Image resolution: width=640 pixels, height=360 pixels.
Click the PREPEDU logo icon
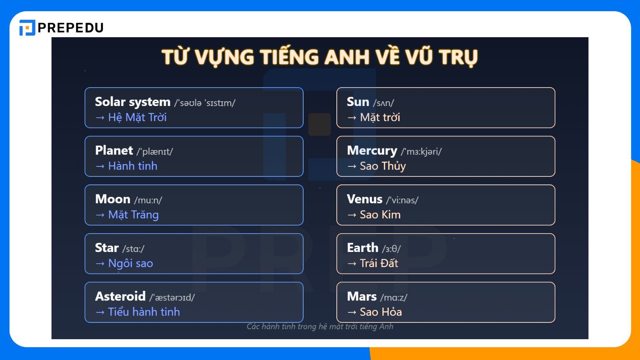(27, 28)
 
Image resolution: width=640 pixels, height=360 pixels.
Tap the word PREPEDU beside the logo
(70, 28)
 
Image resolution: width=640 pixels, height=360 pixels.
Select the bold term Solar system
(132, 102)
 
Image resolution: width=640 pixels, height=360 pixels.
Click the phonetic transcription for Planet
(154, 152)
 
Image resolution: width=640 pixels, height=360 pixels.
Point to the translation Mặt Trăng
(133, 215)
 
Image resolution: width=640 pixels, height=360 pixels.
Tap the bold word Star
(107, 248)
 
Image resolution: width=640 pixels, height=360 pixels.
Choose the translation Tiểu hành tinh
(144, 312)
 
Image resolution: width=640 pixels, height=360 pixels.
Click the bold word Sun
(358, 102)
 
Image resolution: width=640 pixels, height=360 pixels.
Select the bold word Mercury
(372, 151)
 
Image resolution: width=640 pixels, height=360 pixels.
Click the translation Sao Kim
(380, 215)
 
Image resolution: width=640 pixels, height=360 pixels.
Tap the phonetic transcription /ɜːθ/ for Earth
(391, 249)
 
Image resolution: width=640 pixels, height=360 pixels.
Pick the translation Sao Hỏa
(381, 312)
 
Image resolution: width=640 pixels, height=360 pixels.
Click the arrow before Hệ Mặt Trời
(100, 118)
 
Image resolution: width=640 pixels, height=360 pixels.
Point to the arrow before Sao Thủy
(352, 166)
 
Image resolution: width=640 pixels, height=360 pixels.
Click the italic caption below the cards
(320, 327)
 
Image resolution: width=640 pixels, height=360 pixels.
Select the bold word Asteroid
(120, 296)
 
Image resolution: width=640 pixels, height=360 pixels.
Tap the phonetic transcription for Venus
(402, 200)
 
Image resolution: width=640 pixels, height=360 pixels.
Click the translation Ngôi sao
(130, 264)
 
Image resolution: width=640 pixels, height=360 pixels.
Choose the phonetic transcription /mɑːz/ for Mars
(394, 298)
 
